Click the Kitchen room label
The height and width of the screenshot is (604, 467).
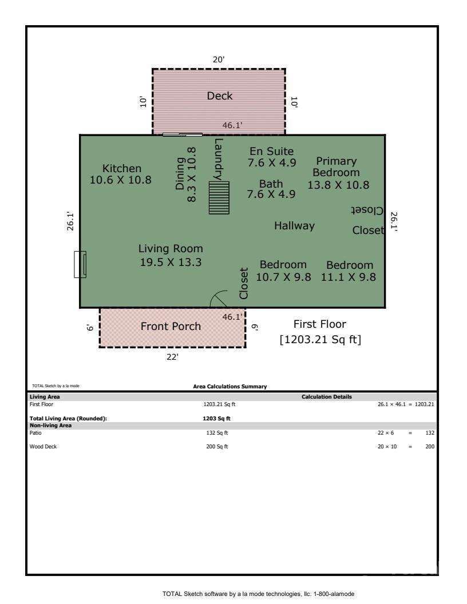(121, 169)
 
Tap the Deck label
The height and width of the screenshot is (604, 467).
(220, 96)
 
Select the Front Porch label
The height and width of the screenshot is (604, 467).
(171, 327)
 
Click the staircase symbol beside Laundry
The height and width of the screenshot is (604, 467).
(219, 198)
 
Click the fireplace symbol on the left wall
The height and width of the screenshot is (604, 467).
(80, 265)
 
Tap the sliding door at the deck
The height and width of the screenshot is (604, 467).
(182, 135)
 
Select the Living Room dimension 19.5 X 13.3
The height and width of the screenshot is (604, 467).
(171, 263)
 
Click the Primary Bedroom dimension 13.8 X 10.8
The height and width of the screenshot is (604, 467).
(338, 185)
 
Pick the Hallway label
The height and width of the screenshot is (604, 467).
(294, 226)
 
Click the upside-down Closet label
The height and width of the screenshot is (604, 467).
(367, 210)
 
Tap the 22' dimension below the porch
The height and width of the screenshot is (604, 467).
(172, 357)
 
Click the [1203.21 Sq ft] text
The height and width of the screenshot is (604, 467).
(320, 340)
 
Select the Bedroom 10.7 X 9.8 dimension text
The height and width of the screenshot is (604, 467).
(283, 277)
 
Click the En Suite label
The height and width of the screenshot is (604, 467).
(272, 152)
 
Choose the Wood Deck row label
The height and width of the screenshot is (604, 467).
(43, 447)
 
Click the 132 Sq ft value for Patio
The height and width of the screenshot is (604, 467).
(217, 433)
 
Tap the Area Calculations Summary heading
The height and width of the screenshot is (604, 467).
(230, 387)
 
